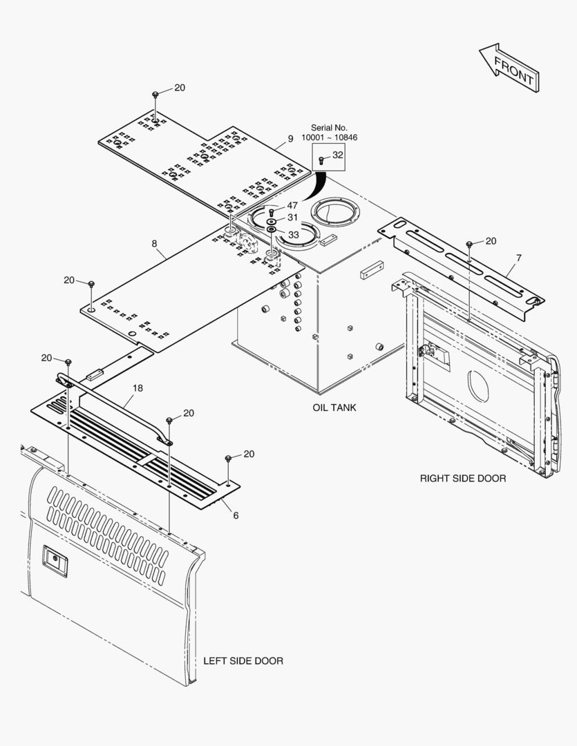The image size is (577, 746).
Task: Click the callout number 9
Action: click(x=291, y=138)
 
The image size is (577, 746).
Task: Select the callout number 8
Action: click(x=154, y=244)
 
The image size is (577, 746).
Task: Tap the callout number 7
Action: click(x=518, y=258)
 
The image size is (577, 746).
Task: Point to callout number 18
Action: click(x=138, y=388)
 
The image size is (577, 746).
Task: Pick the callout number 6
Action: click(x=236, y=515)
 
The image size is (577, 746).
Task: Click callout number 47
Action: click(x=292, y=206)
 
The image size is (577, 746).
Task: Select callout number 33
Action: click(x=294, y=235)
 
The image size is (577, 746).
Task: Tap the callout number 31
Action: click(x=293, y=218)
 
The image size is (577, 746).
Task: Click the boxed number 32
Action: click(x=337, y=155)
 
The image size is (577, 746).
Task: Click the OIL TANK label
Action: click(x=334, y=408)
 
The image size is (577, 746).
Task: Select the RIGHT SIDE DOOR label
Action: click(x=463, y=478)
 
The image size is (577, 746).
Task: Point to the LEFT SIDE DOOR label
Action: click(x=243, y=661)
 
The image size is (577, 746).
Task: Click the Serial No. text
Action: click(x=329, y=128)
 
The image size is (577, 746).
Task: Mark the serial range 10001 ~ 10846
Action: click(x=329, y=137)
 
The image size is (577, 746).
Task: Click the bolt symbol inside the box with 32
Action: click(x=322, y=161)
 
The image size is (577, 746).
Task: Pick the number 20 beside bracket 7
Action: click(x=491, y=241)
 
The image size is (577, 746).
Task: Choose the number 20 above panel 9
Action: click(x=180, y=88)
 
